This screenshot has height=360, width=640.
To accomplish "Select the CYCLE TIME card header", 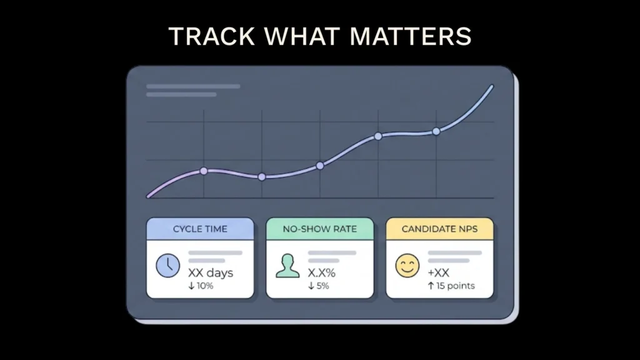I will [x=200, y=229].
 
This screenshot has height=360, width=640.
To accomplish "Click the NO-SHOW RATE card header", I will [x=320, y=229].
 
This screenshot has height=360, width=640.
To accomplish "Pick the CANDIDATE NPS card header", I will [x=439, y=229].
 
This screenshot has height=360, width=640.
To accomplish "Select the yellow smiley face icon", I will [x=407, y=266].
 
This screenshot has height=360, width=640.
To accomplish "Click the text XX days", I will [x=210, y=272].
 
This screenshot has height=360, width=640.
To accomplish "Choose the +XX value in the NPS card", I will [x=439, y=272].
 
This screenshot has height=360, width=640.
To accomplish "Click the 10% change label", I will [x=205, y=286].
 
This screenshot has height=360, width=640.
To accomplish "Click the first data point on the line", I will [x=204, y=171].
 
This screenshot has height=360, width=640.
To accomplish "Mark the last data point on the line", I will [x=436, y=131].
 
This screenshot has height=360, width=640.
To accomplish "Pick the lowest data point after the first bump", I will [x=262, y=177].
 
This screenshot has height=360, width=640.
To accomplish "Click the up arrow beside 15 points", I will [x=431, y=286].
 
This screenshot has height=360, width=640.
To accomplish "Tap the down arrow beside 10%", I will [x=191, y=286].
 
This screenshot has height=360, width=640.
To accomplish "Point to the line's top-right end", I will [x=492, y=86].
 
